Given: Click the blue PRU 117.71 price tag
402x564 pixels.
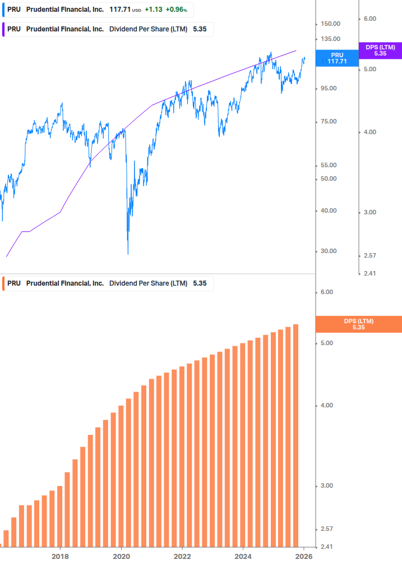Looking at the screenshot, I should click(337, 58).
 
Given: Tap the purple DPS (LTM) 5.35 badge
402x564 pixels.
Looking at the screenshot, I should click(380, 51).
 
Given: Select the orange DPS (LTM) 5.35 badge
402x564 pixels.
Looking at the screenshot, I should click(359, 324).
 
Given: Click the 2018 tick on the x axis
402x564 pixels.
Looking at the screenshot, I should click(60, 557).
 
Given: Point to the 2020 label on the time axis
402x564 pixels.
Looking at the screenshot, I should click(121, 557).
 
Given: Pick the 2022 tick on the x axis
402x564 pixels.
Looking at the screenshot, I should click(182, 557).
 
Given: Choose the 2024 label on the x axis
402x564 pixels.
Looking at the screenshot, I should click(243, 557).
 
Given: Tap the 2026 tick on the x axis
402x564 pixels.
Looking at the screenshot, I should click(303, 557).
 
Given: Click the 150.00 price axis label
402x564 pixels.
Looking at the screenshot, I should click(331, 24).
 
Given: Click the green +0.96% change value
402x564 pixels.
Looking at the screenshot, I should click(176, 9).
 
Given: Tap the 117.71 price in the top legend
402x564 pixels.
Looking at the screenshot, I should click(120, 9).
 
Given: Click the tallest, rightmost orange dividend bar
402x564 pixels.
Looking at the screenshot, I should click(295, 435).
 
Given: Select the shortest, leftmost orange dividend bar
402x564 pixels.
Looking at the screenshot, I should click(6, 538).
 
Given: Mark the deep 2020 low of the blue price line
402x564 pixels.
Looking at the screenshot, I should click(128, 253).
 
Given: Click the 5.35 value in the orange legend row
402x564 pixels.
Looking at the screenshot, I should click(200, 283).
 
